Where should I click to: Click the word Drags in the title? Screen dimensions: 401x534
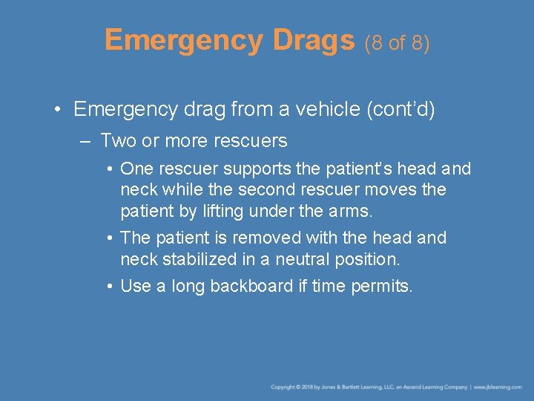pos(314,41)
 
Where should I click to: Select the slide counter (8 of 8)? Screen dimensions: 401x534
pos(397,43)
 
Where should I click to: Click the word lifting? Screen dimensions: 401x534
pos(216,211)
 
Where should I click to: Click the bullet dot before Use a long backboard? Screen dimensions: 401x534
pos(108,286)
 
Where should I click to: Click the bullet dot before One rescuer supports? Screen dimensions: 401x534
pos(108,169)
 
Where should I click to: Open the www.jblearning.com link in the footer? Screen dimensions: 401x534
pos(498,387)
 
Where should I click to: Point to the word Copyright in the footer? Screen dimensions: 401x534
pos(283,387)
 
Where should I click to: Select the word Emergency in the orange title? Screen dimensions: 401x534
pos(184,41)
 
